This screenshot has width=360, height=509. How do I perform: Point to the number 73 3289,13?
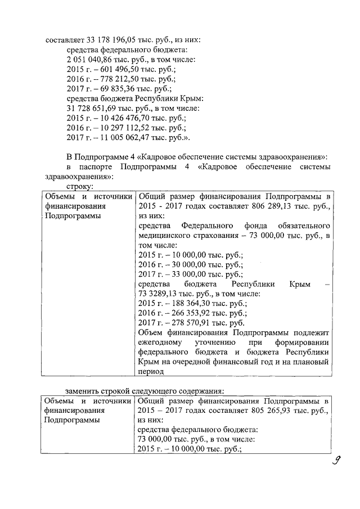(x=161, y=294)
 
